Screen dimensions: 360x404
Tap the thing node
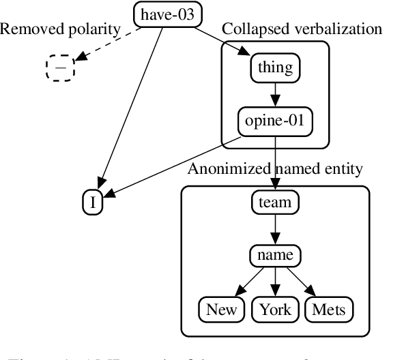point(275,67)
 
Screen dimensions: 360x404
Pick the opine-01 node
point(274,122)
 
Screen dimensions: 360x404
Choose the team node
point(275,202)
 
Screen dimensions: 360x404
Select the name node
point(275,256)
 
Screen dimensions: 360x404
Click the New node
point(222,310)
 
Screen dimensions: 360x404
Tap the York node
point(275,310)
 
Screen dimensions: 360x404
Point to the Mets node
point(329,310)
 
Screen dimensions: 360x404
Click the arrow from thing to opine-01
point(275,95)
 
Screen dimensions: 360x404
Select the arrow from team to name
point(275,229)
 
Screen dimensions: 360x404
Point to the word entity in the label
point(343,168)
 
